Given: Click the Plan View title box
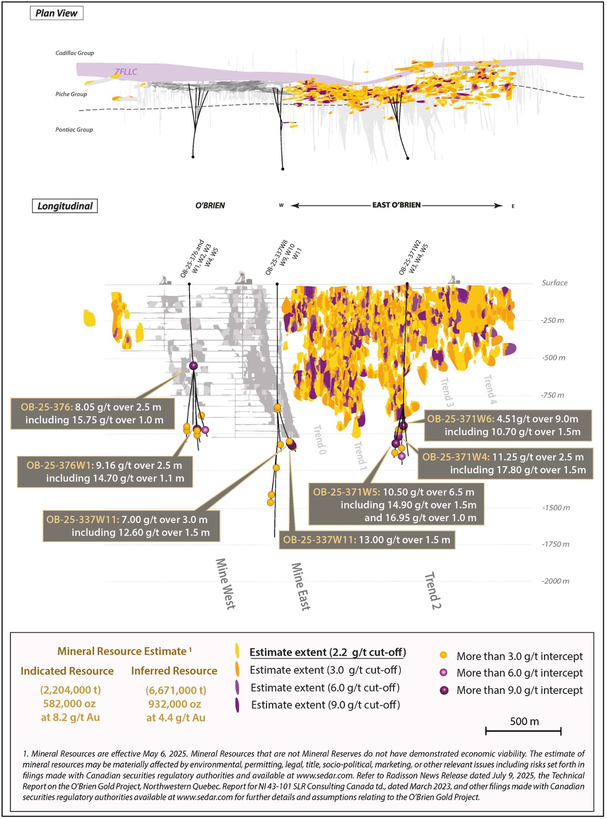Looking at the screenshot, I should [x=56, y=13].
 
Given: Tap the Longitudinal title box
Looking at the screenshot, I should [x=65, y=206].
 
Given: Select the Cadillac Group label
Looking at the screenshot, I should [x=75, y=53].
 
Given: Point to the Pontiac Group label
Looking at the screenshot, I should [x=74, y=130].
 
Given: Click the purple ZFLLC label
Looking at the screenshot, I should [x=126, y=72].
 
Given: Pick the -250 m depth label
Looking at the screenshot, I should [x=552, y=321].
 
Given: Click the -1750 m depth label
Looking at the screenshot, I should [x=555, y=544].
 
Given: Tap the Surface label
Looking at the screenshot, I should [x=554, y=283].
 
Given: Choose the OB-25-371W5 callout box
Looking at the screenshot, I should [x=396, y=505].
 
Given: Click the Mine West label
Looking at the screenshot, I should [x=225, y=584].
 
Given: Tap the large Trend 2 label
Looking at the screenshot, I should [x=433, y=590].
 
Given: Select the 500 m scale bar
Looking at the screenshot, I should [x=523, y=730].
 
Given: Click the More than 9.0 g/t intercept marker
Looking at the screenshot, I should [x=444, y=690].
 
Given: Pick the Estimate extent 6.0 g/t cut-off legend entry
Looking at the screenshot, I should [x=325, y=688].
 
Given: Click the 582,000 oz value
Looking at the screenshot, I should [x=70, y=704].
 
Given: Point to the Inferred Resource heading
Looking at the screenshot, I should [x=174, y=671].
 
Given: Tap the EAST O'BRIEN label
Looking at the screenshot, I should [x=396, y=205].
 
